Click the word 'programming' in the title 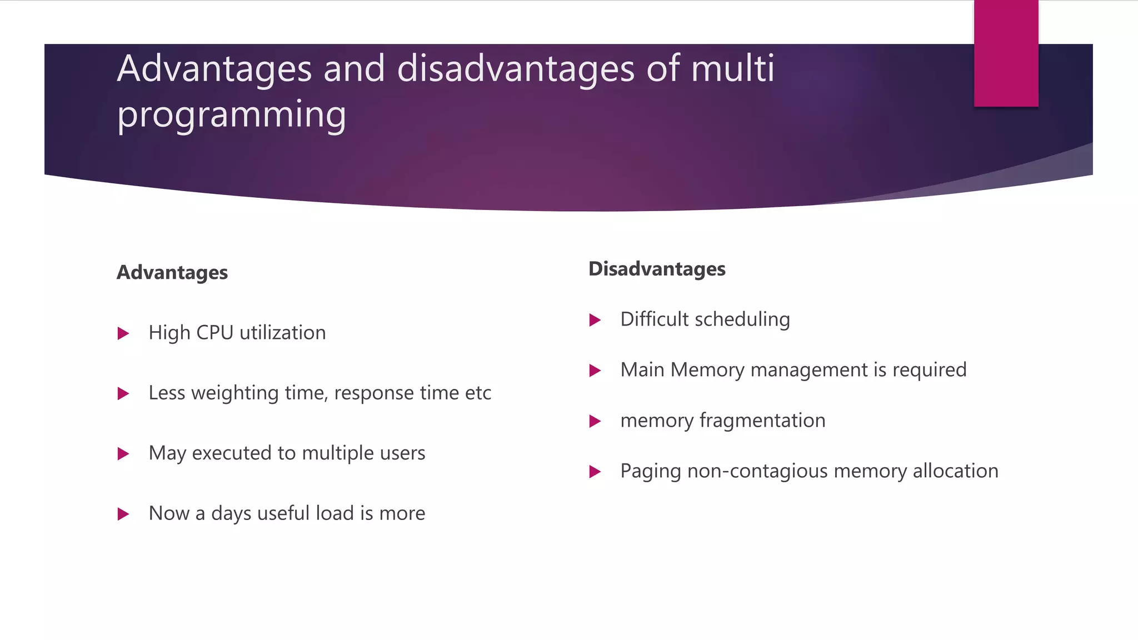[231, 114]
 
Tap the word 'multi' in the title [732, 69]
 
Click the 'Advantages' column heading [172, 272]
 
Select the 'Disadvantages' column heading [657, 269]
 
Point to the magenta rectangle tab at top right [1006, 53]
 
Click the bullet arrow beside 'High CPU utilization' [123, 333]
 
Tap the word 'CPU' [214, 333]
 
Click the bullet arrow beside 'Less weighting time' [123, 394]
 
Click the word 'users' [402, 453]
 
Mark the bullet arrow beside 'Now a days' [123, 514]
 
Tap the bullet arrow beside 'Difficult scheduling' [595, 320]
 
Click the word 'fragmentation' [762, 421]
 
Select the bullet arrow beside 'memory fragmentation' [595, 421]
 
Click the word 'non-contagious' [757, 471]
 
